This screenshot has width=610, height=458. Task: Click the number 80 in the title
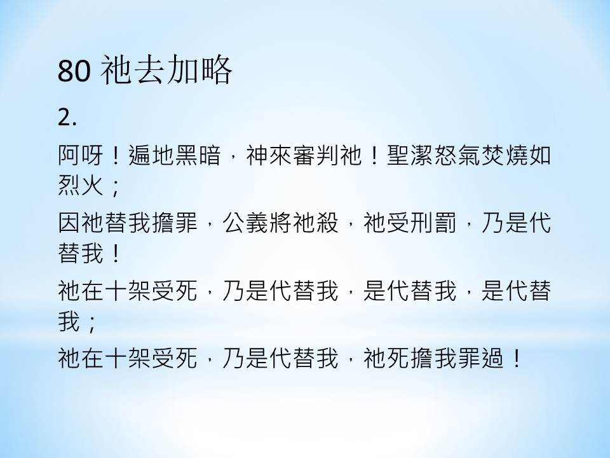click(x=74, y=71)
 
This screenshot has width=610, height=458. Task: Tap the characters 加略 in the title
click(x=200, y=71)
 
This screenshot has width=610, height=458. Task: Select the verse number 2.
click(x=67, y=117)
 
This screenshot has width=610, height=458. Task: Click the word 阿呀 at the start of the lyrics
click(x=81, y=155)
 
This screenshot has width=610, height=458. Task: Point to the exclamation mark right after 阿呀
click(x=115, y=155)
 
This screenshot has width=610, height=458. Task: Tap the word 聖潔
click(x=410, y=155)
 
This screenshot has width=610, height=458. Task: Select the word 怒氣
click(x=457, y=155)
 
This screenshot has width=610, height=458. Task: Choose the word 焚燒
click(x=504, y=155)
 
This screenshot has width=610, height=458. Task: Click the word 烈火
click(x=81, y=184)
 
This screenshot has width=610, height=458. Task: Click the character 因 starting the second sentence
click(x=69, y=223)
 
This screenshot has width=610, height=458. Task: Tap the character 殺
click(x=328, y=223)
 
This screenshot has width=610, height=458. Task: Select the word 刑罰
click(x=433, y=223)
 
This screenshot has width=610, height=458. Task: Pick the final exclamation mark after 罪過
click(x=517, y=358)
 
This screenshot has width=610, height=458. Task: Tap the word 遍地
click(x=151, y=155)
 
